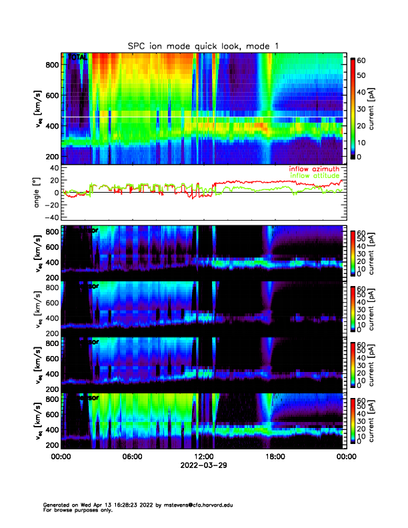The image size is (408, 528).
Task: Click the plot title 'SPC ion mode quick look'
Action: (x=185, y=45)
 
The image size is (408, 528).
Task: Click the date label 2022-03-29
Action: (x=203, y=465)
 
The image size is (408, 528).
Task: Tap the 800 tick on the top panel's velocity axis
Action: (x=51, y=65)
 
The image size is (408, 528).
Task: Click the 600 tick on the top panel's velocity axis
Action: (x=51, y=95)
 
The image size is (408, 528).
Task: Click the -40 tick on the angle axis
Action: (x=49, y=217)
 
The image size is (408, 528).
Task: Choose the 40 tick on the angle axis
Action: (x=52, y=168)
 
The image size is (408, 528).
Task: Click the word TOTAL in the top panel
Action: (x=78, y=58)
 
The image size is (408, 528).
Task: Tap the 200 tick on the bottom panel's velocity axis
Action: (x=51, y=445)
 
